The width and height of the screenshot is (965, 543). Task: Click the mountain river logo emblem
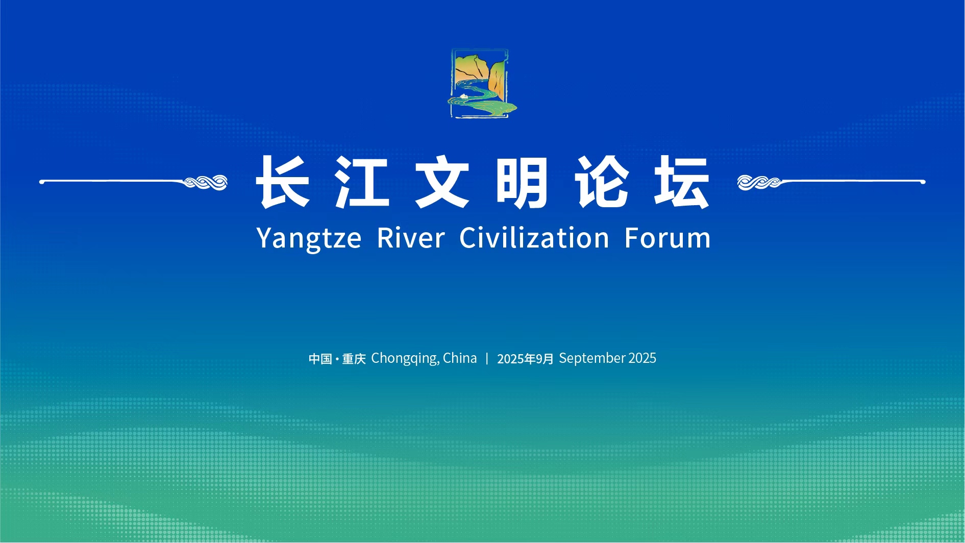[482, 83]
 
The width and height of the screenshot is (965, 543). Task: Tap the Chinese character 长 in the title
[283, 182]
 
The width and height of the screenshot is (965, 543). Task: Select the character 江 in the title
[362, 182]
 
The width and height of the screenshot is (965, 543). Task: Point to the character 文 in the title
[442, 182]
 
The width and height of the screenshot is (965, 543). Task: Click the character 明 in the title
[522, 182]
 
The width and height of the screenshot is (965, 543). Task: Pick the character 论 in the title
[602, 182]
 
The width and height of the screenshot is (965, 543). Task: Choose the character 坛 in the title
[682, 182]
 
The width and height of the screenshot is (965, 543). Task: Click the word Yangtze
[309, 239]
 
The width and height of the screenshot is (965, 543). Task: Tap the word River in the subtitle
[411, 238]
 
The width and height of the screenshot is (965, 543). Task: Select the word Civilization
[534, 238]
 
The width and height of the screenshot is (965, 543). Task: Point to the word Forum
[667, 238]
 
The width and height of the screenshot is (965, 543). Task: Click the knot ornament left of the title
[206, 182]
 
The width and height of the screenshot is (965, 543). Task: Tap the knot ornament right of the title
[759, 182]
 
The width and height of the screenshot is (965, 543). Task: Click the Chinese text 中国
[320, 359]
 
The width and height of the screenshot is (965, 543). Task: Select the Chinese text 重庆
[354, 359]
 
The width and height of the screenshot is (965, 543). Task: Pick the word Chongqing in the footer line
[405, 359]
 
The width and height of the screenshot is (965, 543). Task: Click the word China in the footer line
[460, 358]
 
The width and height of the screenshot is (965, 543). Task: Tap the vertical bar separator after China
[487, 358]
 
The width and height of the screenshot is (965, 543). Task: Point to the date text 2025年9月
[525, 359]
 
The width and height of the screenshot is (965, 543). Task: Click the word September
[592, 358]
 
